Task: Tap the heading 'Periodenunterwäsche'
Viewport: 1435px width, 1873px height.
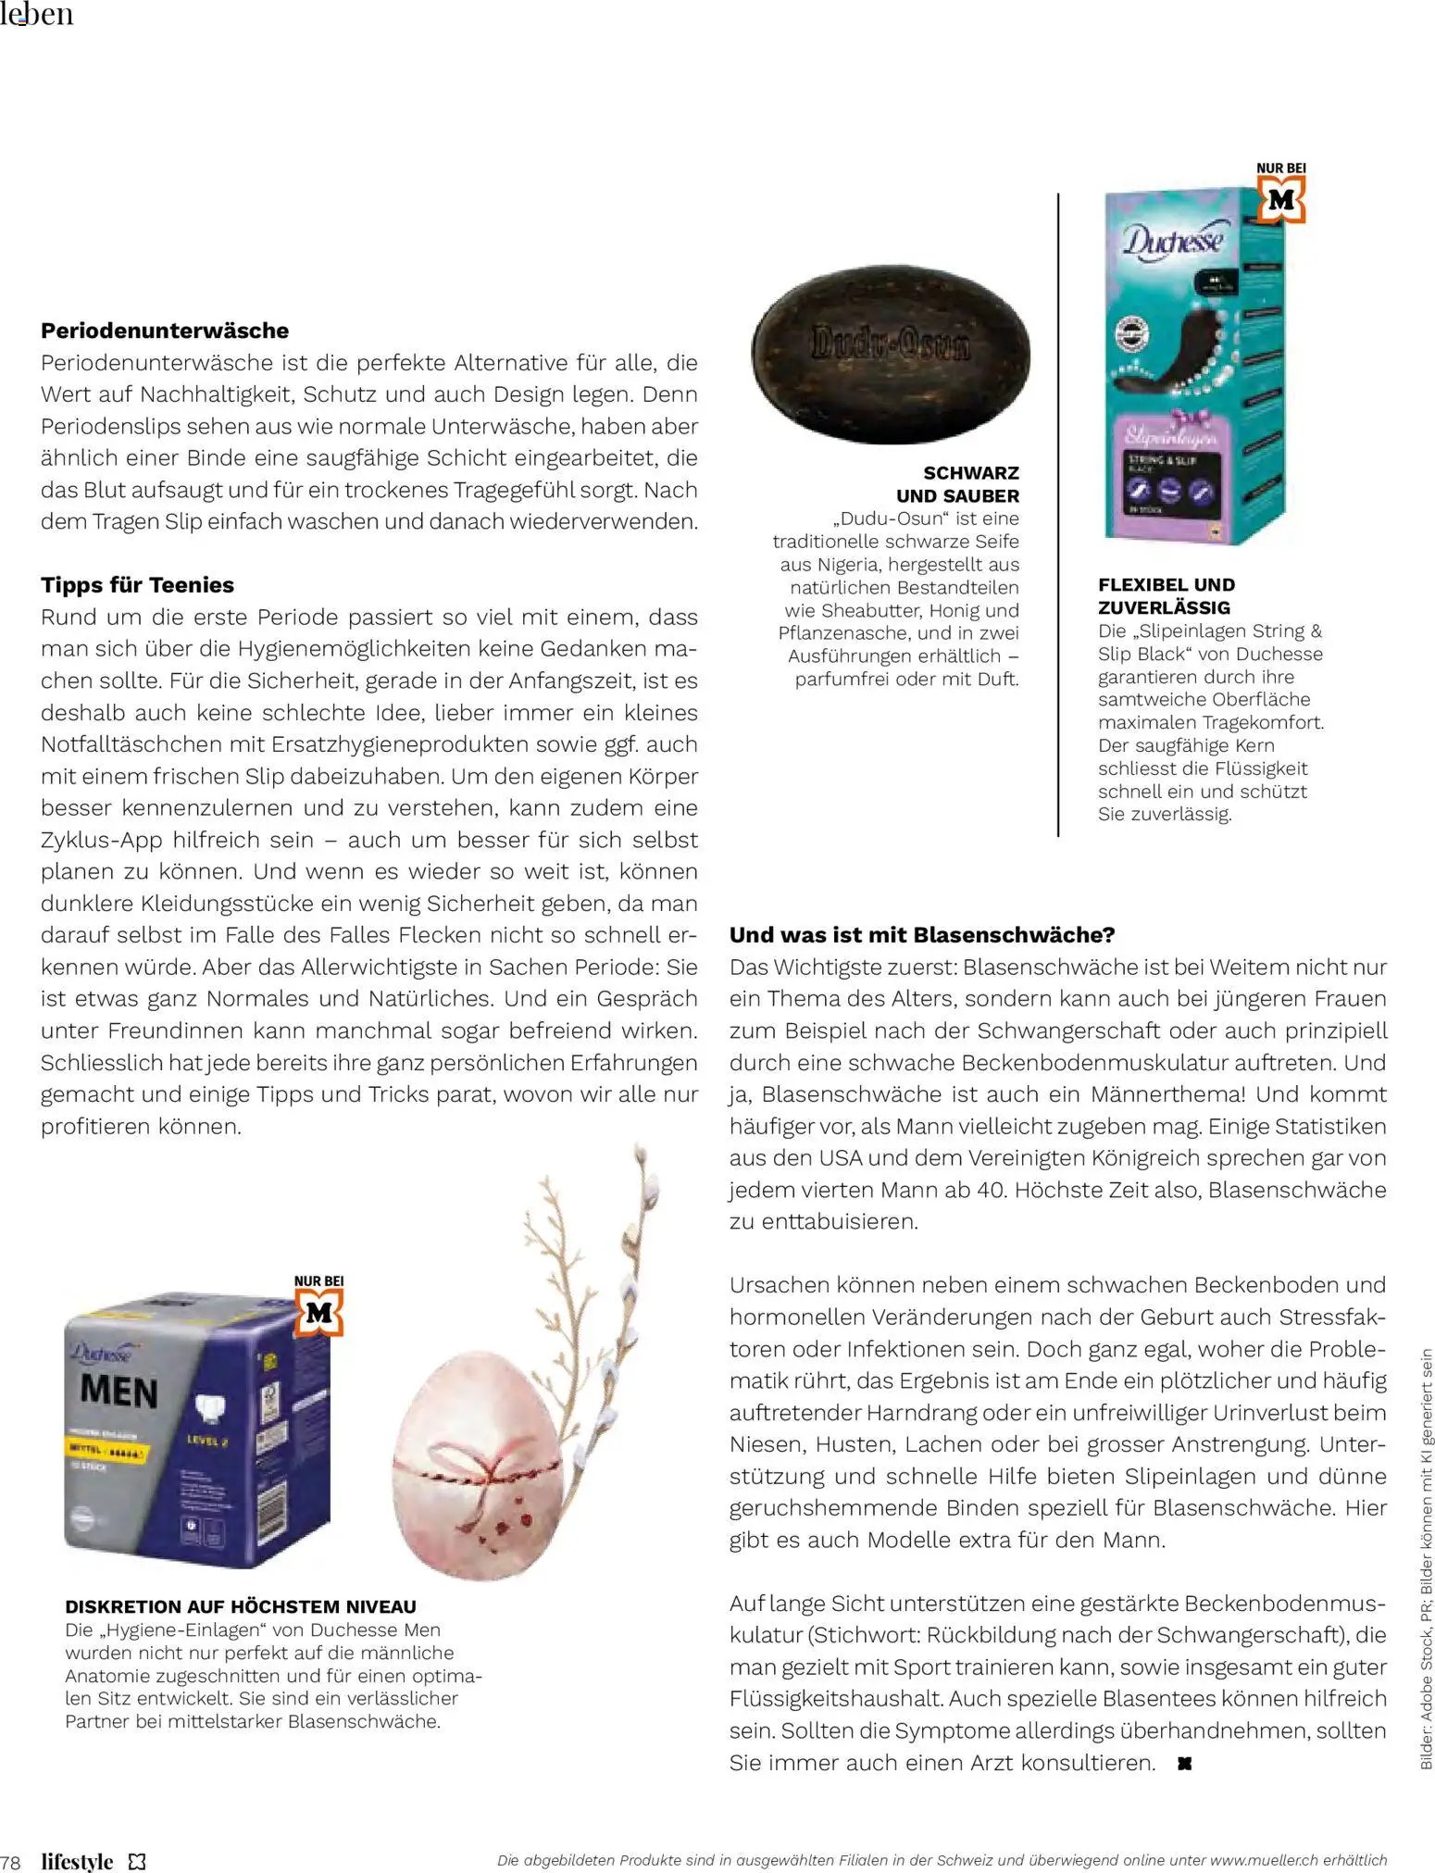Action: point(165,331)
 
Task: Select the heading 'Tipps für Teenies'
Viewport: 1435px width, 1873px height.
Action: point(137,585)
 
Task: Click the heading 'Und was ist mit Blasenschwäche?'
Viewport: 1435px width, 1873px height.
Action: point(922,935)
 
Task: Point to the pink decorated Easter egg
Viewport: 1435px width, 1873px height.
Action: point(478,1464)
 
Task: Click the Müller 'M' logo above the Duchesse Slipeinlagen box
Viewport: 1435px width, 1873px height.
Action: point(1281,200)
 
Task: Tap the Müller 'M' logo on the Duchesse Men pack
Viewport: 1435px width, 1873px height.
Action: point(318,1313)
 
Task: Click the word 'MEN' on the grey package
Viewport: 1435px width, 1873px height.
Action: point(119,1391)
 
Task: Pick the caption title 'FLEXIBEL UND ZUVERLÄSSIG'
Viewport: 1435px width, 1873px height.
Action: point(1166,596)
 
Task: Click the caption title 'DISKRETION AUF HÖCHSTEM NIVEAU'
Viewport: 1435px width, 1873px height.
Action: point(241,1606)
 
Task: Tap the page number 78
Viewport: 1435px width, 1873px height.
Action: point(11,1861)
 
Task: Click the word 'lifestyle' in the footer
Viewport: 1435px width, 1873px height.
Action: point(77,1861)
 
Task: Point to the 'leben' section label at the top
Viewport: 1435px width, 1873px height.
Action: point(37,15)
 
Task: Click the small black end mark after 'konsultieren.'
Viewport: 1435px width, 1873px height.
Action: point(1183,1764)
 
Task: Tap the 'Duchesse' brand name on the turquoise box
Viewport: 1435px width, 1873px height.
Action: point(1173,241)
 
